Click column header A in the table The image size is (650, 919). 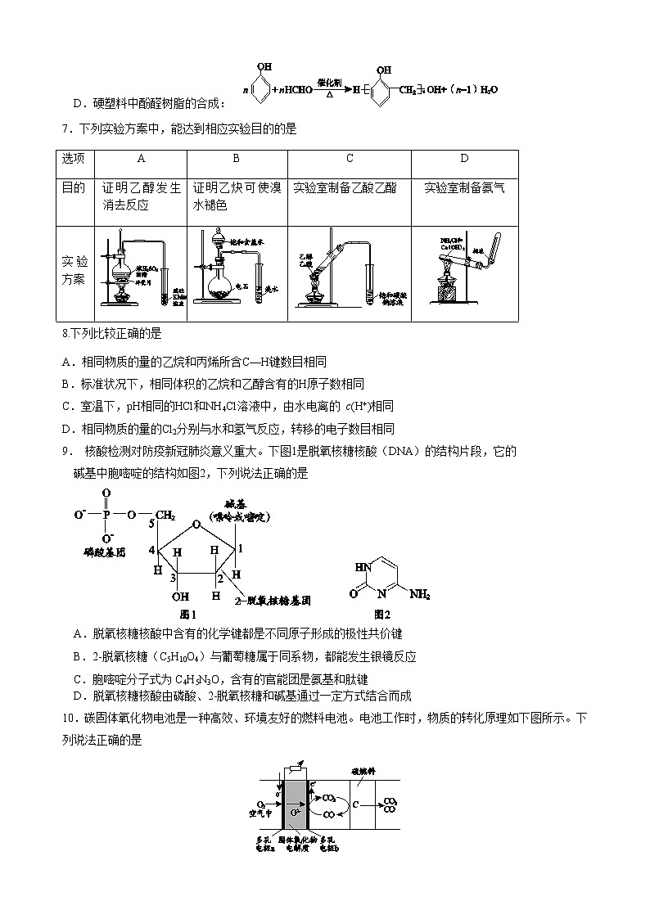coord(141,159)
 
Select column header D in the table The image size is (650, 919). coord(464,159)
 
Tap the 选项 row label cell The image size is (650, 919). coord(74,159)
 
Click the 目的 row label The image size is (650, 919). coord(74,187)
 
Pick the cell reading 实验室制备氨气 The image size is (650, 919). coord(464,187)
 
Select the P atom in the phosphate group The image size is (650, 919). coord(106,515)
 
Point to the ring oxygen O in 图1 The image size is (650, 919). coord(196,525)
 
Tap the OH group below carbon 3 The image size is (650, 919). coord(180,597)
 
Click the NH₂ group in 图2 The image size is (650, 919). coord(418,595)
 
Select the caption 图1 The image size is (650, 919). coord(188,614)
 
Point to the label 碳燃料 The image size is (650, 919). coord(363,771)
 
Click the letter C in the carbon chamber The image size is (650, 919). coord(356,804)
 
